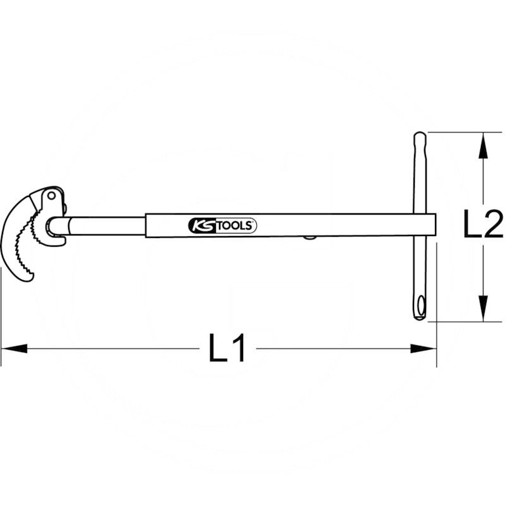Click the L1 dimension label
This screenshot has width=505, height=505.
pos(227,348)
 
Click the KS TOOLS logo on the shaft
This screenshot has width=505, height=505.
pos(222,225)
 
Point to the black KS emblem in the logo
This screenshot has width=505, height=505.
pos(201,225)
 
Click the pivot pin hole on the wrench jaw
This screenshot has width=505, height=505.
pos(50,198)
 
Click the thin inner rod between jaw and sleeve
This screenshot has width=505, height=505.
pos(107,225)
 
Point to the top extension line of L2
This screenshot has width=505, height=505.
pos(461,132)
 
